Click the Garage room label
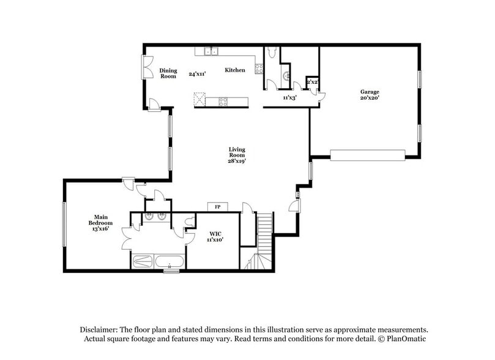click(x=369, y=92)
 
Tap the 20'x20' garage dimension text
click(x=370, y=98)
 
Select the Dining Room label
click(x=168, y=73)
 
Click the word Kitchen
click(x=235, y=70)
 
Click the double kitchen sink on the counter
click(x=211, y=51)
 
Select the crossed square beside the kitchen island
click(x=199, y=99)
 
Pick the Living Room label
click(x=237, y=152)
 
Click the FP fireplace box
click(x=217, y=206)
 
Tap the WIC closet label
click(x=214, y=234)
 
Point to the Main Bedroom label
click(x=102, y=220)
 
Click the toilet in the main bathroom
click(x=190, y=220)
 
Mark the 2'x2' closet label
click(x=312, y=82)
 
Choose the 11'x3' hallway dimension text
click(x=289, y=97)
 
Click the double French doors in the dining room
click(x=147, y=67)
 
